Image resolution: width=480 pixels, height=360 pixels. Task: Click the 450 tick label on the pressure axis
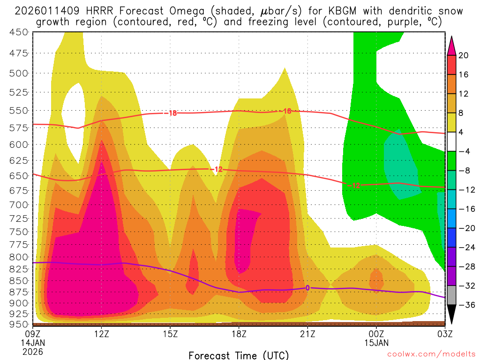tap(18, 32)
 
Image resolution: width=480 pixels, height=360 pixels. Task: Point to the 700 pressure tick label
tap(18, 204)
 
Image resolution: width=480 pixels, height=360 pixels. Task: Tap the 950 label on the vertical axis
tap(18, 324)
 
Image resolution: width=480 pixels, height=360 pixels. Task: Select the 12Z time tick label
tap(102, 334)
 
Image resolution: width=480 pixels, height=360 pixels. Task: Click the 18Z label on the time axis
tap(239, 334)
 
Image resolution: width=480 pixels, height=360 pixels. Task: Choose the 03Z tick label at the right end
tap(444, 334)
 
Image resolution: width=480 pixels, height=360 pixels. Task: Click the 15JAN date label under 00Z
tap(376, 343)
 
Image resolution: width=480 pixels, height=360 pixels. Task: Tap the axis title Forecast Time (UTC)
tap(239, 354)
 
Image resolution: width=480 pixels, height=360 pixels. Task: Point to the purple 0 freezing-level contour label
tap(307, 288)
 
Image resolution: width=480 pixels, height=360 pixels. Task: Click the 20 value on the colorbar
tap(464, 55)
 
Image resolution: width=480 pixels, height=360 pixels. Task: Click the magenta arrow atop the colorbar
tap(452, 45)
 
